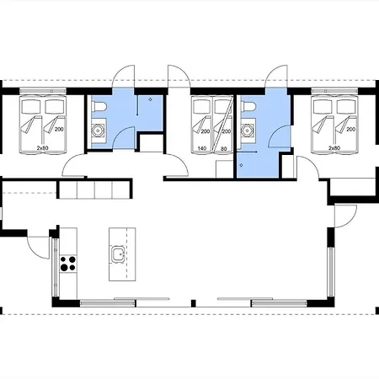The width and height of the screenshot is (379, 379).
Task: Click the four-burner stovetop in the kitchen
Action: pyautogui.click(x=68, y=264)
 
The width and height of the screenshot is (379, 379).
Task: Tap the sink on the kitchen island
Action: pyautogui.click(x=118, y=254)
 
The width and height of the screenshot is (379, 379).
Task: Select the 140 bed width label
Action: pyautogui.click(x=202, y=148)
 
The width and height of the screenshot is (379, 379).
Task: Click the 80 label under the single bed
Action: pyautogui.click(x=223, y=148)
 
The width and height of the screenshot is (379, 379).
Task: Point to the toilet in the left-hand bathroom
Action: pyautogui.click(x=99, y=107)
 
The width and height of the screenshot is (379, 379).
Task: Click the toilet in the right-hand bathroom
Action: pyautogui.click(x=248, y=107)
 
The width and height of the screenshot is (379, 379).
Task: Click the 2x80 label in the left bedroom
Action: pyautogui.click(x=42, y=147)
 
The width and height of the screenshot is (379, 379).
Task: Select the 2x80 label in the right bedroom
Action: pyautogui.click(x=334, y=147)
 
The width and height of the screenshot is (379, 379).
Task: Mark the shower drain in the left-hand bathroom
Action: pyautogui.click(x=151, y=99)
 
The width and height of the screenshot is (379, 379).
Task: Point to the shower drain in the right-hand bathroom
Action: pyautogui.click(x=241, y=165)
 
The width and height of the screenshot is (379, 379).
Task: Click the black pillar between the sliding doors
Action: pyautogui.click(x=193, y=303)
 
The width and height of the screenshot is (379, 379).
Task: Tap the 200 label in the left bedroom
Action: pyautogui.click(x=59, y=130)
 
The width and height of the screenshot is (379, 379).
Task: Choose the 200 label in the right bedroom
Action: pyautogui.click(x=351, y=130)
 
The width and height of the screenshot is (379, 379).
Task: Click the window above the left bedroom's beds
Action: pyautogui.click(x=43, y=91)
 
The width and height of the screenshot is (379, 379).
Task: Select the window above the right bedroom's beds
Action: pyautogui.click(x=334, y=91)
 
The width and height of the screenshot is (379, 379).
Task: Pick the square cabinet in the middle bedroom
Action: pyautogui.click(x=224, y=169)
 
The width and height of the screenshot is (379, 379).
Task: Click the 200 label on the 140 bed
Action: pyautogui.click(x=206, y=131)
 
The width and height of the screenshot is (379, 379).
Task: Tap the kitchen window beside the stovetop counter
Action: pyautogui.click(x=56, y=268)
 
